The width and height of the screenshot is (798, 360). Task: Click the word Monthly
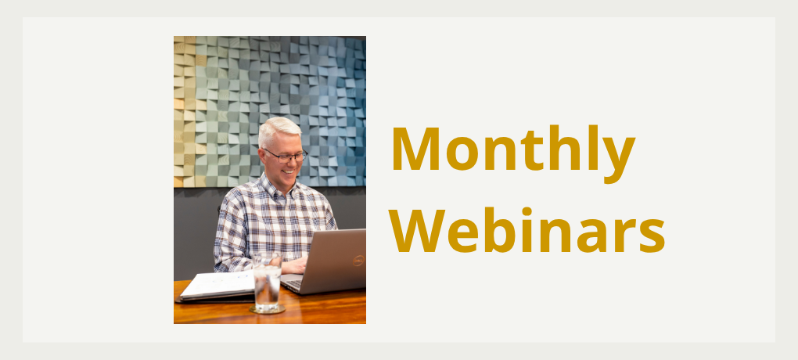point(512,150)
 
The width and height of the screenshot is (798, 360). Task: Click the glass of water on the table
point(267,282)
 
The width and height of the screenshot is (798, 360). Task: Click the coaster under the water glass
point(268,309)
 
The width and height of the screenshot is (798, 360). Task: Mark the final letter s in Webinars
point(650,238)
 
